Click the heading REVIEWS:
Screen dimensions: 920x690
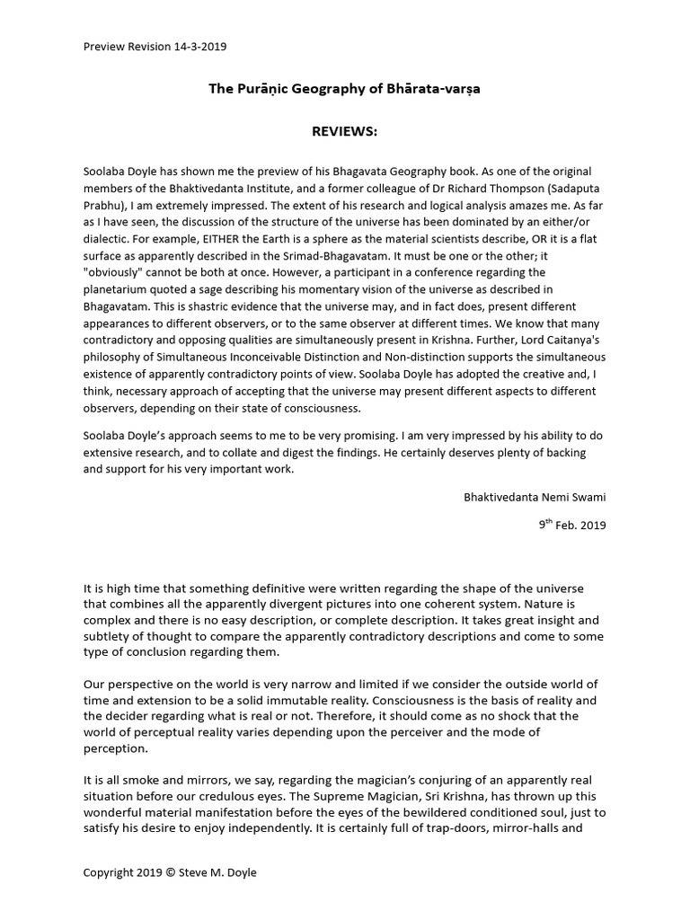click(344, 132)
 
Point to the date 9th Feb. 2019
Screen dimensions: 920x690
click(572, 525)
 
